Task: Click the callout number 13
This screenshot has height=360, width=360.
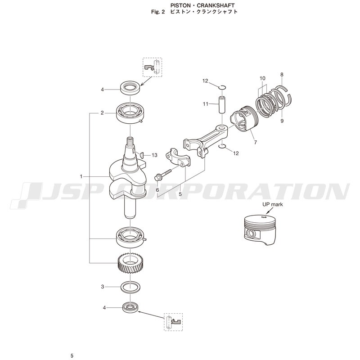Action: pos(154,155)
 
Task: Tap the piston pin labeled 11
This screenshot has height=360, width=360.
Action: pos(222,105)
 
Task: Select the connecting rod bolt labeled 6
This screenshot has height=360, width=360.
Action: pos(163,175)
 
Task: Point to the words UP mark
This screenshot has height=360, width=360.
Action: pos(273,204)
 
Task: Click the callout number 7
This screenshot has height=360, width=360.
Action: pos(256,142)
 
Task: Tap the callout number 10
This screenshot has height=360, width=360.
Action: pos(262,78)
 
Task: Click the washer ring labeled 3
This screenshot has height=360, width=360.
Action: pos(131,287)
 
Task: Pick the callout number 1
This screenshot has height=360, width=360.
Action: pos(81,176)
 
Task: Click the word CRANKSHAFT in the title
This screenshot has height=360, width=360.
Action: pos(216,5)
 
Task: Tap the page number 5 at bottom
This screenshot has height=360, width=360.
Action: pos(72,356)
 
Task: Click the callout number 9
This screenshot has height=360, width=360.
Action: pos(282,121)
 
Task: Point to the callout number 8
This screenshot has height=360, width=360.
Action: pos(282,75)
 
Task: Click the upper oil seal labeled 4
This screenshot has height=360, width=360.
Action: pos(130,88)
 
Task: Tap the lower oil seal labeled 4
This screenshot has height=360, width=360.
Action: pos(130,307)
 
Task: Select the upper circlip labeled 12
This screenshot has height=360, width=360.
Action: pos(222,87)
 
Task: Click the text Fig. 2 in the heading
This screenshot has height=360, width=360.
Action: pos(158,12)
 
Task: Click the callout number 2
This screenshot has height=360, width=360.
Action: pos(102,113)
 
